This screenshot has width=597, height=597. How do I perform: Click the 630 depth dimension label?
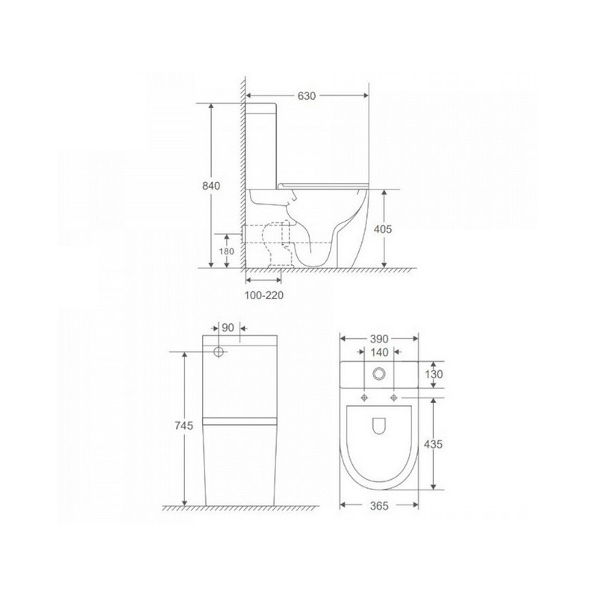coord(307,96)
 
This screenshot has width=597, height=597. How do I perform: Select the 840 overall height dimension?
coord(211,186)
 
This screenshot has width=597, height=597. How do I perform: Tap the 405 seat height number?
coord(383,229)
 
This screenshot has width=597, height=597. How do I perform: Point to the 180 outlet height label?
coord(227,251)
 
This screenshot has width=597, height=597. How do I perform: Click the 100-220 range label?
coord(264,295)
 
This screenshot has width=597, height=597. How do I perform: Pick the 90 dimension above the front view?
coord(228,328)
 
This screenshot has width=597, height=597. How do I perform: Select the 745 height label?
coord(184,425)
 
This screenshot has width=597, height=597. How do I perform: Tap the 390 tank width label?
coord(379,339)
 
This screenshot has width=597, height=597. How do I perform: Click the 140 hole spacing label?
coord(379,352)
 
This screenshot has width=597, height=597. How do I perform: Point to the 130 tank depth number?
coord(434,375)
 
